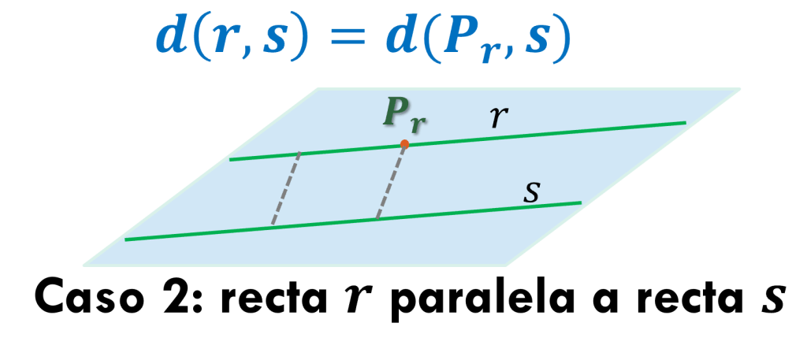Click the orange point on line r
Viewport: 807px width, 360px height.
pyautogui.click(x=404, y=144)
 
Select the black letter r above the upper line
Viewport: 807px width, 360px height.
pyautogui.click(x=497, y=117)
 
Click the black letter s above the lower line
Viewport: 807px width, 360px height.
pyautogui.click(x=532, y=192)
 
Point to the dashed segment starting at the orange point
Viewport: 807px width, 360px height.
pyautogui.click(x=391, y=181)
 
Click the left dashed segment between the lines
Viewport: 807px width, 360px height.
pyautogui.click(x=286, y=188)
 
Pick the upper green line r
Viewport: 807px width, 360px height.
pyautogui.click(x=552, y=133)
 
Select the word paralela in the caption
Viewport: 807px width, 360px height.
pyautogui.click(x=473, y=303)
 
